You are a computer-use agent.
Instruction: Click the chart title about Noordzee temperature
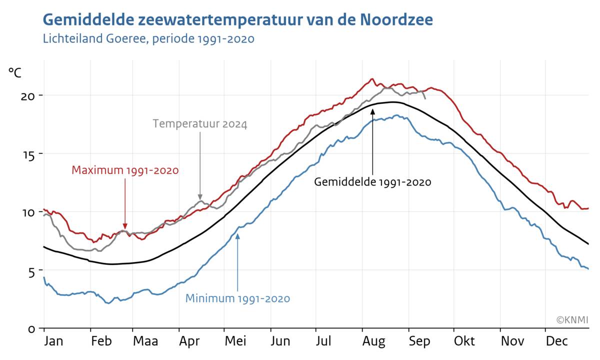coord(238,20)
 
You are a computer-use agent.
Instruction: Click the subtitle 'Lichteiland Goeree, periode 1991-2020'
coord(148,38)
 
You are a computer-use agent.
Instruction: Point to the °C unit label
coord(15,72)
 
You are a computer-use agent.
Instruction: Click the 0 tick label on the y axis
coord(31,329)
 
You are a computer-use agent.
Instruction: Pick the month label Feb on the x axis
coord(101,341)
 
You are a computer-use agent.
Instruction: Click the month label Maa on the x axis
coord(145,341)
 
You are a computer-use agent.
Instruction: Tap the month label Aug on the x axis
coord(374,341)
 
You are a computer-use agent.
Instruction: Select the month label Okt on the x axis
coord(464,341)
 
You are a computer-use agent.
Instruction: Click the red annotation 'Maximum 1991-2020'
coord(125,170)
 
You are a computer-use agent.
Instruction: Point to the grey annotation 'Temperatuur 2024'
coord(200,124)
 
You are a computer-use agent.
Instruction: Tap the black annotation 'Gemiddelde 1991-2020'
coord(372,182)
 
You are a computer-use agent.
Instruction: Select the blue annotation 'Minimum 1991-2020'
coord(237,299)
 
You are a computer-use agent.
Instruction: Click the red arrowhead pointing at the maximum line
coord(125,226)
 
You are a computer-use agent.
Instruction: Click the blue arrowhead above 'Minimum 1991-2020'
coord(237,236)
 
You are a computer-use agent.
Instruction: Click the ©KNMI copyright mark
coord(572,319)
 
